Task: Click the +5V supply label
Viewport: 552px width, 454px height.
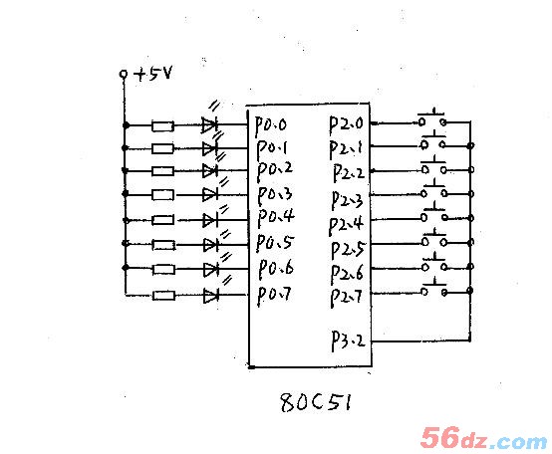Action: (153, 74)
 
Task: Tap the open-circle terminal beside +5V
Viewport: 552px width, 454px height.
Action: (124, 74)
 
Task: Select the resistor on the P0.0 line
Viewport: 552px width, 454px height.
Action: (162, 125)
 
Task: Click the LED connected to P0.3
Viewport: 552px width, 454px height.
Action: (210, 194)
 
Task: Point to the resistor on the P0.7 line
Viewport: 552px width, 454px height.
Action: (164, 295)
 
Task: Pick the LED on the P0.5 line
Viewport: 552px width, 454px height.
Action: (211, 244)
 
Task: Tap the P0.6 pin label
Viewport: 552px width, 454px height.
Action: (276, 270)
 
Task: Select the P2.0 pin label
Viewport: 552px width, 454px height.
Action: (346, 124)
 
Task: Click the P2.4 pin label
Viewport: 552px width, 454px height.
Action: (346, 225)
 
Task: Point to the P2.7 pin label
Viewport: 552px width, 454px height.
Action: (346, 298)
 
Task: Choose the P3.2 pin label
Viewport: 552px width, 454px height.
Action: (348, 340)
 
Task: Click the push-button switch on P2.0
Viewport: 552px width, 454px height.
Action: (432, 118)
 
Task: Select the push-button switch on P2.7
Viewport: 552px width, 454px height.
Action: (434, 288)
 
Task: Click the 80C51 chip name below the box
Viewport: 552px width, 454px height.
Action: (316, 402)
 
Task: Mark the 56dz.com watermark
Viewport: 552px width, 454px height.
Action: (484, 438)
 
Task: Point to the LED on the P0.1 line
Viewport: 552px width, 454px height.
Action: (210, 148)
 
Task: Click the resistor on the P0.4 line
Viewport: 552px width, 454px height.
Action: (163, 220)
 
